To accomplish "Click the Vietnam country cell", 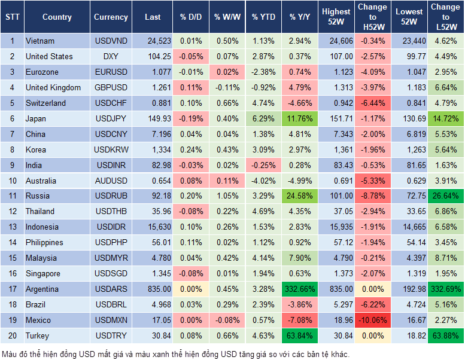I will (40, 41).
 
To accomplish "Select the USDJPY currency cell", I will (111, 118).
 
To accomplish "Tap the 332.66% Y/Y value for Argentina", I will (300, 289).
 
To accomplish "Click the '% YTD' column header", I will (263, 17).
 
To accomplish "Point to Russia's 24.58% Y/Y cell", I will (300, 196).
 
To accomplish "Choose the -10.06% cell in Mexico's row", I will (372, 321).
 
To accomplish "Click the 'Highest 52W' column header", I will (336, 17).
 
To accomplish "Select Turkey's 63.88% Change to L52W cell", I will (445, 336).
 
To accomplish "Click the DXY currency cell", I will (111, 56).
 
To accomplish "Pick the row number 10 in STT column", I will (12, 181).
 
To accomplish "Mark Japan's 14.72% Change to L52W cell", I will (445, 118).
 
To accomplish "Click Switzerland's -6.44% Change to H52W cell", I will (372, 103).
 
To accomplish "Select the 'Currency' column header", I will (111, 17).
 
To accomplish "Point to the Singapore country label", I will (43, 274).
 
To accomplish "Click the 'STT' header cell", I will (12, 17).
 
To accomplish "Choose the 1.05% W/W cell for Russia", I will (226, 196).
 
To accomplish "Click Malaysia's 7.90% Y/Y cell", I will (300, 258).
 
